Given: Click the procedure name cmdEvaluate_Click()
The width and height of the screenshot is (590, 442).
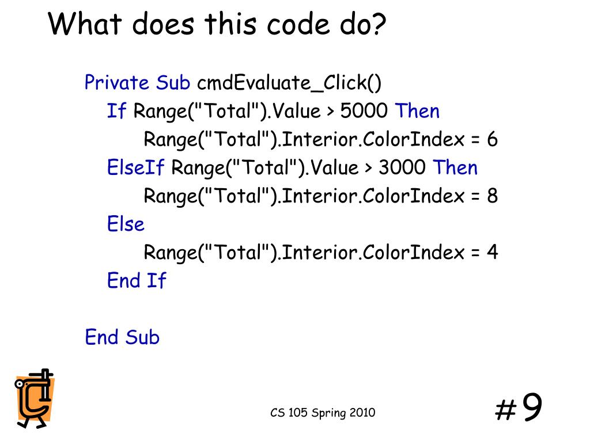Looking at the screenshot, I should click(x=289, y=83).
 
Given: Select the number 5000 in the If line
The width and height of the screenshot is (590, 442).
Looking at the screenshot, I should click(x=364, y=111).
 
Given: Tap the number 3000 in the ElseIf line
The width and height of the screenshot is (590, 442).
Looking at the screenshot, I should click(x=402, y=167).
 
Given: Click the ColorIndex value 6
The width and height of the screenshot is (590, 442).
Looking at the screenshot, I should click(x=491, y=139).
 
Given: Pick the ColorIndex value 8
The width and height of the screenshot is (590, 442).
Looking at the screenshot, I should click(x=491, y=196).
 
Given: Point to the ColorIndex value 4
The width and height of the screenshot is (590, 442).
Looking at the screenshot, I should click(x=491, y=252).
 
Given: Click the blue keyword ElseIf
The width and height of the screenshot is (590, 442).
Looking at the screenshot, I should click(x=136, y=167).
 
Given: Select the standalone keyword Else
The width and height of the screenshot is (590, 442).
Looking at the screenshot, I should click(x=126, y=224).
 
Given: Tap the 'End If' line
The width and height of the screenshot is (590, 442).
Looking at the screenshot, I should click(x=136, y=280).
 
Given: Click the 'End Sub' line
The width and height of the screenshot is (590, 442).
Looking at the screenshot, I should click(x=122, y=337).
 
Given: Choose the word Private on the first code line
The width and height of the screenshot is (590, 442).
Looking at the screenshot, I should click(x=117, y=83).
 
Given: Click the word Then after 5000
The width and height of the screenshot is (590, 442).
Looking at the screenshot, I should click(x=417, y=111).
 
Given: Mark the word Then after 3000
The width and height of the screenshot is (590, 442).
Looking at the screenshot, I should click(x=455, y=167).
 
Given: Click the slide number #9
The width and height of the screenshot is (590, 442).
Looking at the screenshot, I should click(x=518, y=409).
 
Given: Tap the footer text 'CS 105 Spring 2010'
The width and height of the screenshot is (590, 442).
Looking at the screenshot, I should click(x=323, y=413).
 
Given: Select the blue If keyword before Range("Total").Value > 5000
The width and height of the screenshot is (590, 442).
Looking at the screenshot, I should click(x=116, y=111).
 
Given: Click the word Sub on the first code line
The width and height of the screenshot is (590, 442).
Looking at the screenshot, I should click(x=173, y=83).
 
